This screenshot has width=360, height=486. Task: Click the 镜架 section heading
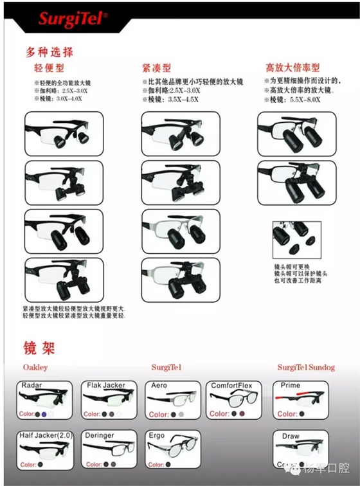coord(39,348)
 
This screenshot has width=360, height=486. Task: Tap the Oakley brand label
coord(35,368)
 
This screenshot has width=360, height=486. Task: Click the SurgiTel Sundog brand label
coord(306,368)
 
